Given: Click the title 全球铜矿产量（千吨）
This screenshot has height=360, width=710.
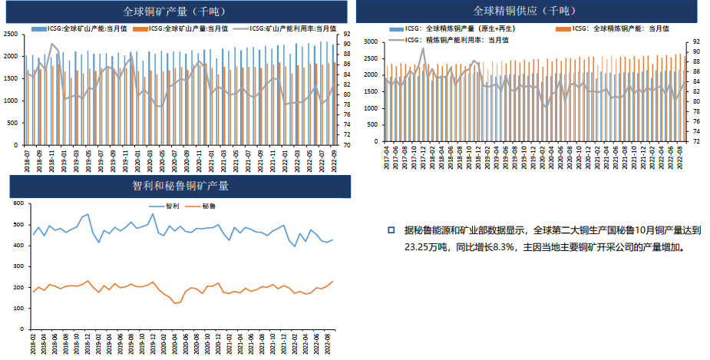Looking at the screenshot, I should pos(173,12).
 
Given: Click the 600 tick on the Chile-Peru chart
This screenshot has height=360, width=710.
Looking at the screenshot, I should pos(18,204).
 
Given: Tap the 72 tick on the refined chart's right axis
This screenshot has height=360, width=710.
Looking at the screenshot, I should pos(695,142).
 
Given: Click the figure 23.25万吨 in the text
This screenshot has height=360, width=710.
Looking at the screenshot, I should pos(428,248).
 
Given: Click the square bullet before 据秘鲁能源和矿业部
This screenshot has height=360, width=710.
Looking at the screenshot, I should pos(391,230).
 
